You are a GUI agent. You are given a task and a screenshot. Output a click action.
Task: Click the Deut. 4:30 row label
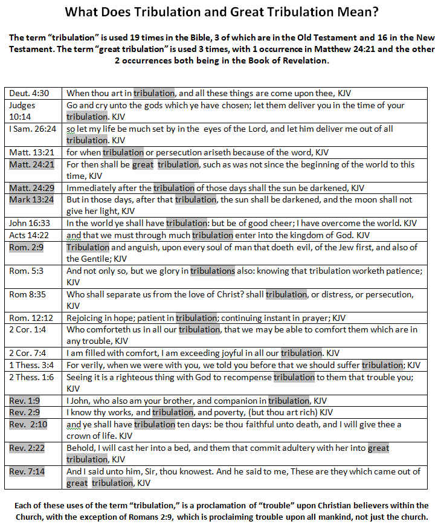pos(28,93)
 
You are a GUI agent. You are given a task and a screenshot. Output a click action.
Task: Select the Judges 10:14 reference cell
pos(23,111)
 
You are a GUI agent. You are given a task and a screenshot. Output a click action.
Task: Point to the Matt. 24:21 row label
pos(30,164)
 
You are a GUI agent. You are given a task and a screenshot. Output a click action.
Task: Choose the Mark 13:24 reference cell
pos(30,199)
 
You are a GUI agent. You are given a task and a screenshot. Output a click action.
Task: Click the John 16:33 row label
pos(30,223)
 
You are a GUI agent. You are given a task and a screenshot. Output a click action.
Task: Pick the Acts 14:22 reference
pos(28,234)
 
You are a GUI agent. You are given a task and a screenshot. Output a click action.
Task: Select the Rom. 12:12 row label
pos(30,317)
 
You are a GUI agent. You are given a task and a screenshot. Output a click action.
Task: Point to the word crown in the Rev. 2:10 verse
pos(80,436)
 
